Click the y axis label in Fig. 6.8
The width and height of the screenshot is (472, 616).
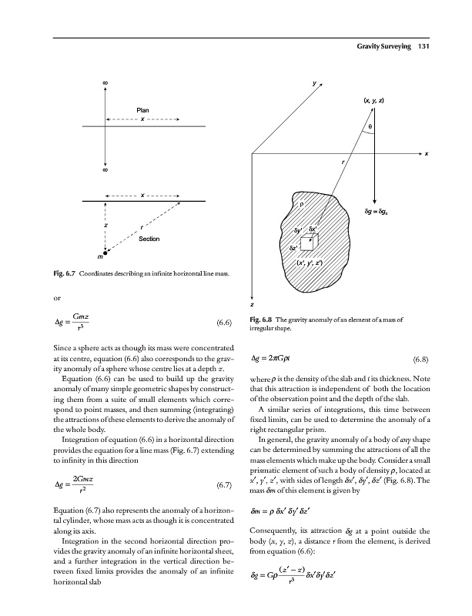tap(315, 83)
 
